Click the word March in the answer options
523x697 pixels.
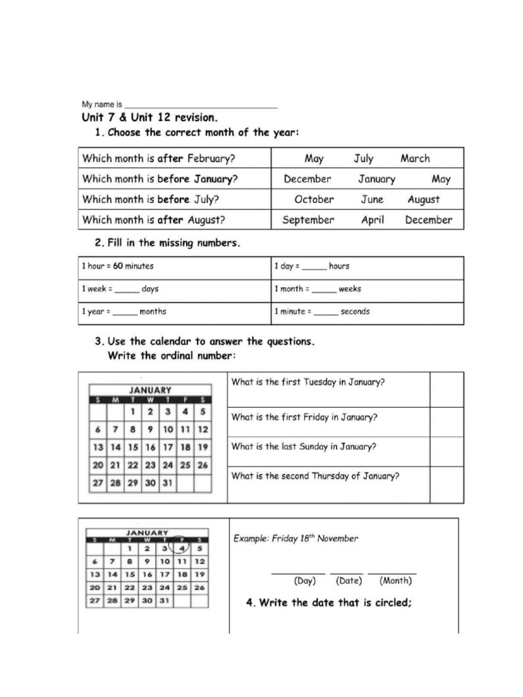click(x=415, y=159)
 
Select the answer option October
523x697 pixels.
click(x=314, y=199)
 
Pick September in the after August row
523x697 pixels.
click(x=308, y=220)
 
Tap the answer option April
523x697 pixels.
click(x=373, y=220)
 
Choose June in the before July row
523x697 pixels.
click(x=372, y=199)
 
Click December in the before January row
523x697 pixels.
click(x=307, y=179)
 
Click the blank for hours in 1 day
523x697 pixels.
click(x=314, y=267)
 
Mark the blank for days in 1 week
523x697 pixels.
click(x=127, y=290)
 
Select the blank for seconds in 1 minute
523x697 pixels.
click(x=326, y=312)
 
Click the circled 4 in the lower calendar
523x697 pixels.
click(x=182, y=547)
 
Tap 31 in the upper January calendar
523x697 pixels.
click(x=167, y=483)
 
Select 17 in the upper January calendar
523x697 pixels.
click(x=168, y=447)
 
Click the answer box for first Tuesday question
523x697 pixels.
click(x=446, y=389)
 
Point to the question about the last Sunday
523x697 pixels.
click(x=304, y=447)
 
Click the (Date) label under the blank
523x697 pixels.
click(x=349, y=581)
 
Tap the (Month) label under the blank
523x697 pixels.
click(x=395, y=581)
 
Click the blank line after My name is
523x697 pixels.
click(x=201, y=106)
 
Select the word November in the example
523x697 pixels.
click(x=336, y=538)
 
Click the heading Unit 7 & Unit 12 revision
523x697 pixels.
click(x=150, y=118)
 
